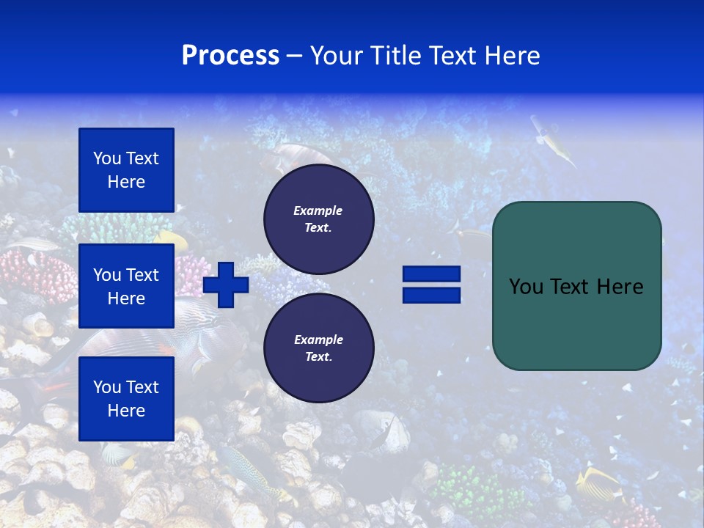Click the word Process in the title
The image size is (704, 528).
pos(230,56)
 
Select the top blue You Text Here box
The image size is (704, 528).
pos(126,170)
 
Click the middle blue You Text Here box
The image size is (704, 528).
pos(126,286)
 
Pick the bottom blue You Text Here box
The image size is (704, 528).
pos(126,399)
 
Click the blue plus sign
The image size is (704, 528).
pos(226,285)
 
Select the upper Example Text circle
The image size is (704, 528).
pos(318,219)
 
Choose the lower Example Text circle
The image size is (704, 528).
pos(318,348)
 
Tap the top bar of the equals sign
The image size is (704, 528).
pos(431,274)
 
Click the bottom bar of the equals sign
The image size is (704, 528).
pos(431,295)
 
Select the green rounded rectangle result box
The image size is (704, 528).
pos(576,286)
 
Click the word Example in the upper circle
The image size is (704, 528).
pos(318,210)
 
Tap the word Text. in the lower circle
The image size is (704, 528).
pos(318,357)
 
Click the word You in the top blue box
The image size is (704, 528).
pos(106,158)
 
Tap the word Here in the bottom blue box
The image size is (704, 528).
pos(126,411)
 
